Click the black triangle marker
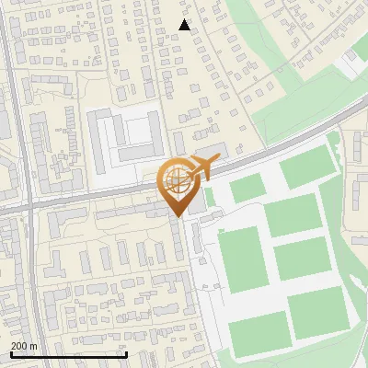click(185, 25)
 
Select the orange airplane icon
click(201, 168)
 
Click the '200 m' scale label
click(25, 345)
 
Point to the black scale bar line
click(69, 353)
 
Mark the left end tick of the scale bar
click(11, 352)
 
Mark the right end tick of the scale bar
click(127, 352)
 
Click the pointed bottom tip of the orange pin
click(176, 216)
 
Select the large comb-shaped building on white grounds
click(123, 139)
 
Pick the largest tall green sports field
click(242, 260)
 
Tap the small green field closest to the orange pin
click(247, 189)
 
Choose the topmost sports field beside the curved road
click(306, 166)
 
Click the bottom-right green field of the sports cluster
click(317, 309)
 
